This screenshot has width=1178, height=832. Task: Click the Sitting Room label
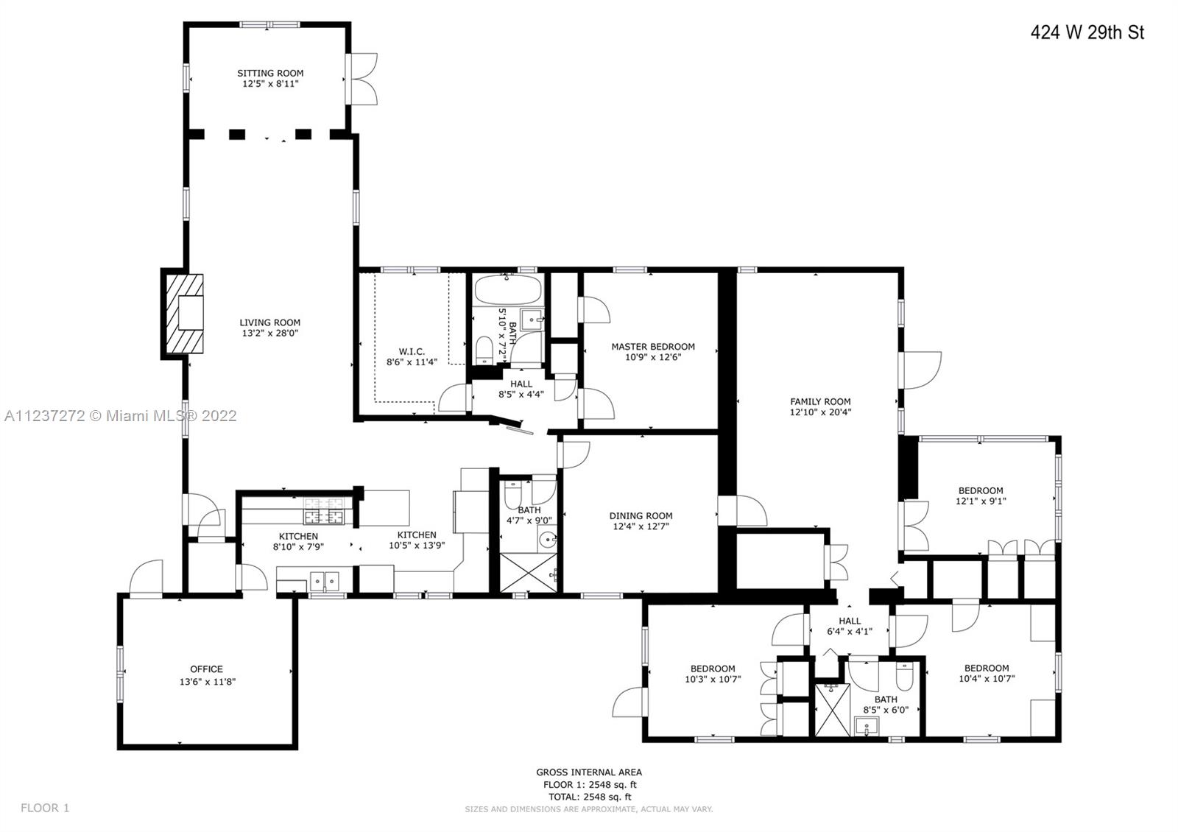tap(270, 73)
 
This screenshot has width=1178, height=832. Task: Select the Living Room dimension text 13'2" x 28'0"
tap(269, 333)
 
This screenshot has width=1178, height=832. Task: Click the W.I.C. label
tap(412, 351)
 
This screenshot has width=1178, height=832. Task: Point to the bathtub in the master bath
tap(507, 289)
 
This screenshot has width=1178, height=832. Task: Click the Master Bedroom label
tap(653, 347)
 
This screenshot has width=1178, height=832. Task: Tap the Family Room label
tap(820, 401)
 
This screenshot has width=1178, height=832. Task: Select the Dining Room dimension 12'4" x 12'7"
tap(641, 526)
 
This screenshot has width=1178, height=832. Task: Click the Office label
tap(207, 669)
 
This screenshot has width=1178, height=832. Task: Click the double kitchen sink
tap(325, 581)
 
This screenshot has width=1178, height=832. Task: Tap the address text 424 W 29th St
tap(1087, 32)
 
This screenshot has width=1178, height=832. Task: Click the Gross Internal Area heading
tap(589, 772)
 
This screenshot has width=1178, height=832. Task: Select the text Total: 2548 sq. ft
tap(590, 796)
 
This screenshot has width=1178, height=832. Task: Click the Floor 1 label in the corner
tap(45, 808)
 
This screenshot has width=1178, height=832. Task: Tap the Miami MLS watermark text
tap(121, 416)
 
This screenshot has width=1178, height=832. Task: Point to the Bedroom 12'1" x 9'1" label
tap(981, 496)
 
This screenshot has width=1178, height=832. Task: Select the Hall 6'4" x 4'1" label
tap(850, 626)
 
